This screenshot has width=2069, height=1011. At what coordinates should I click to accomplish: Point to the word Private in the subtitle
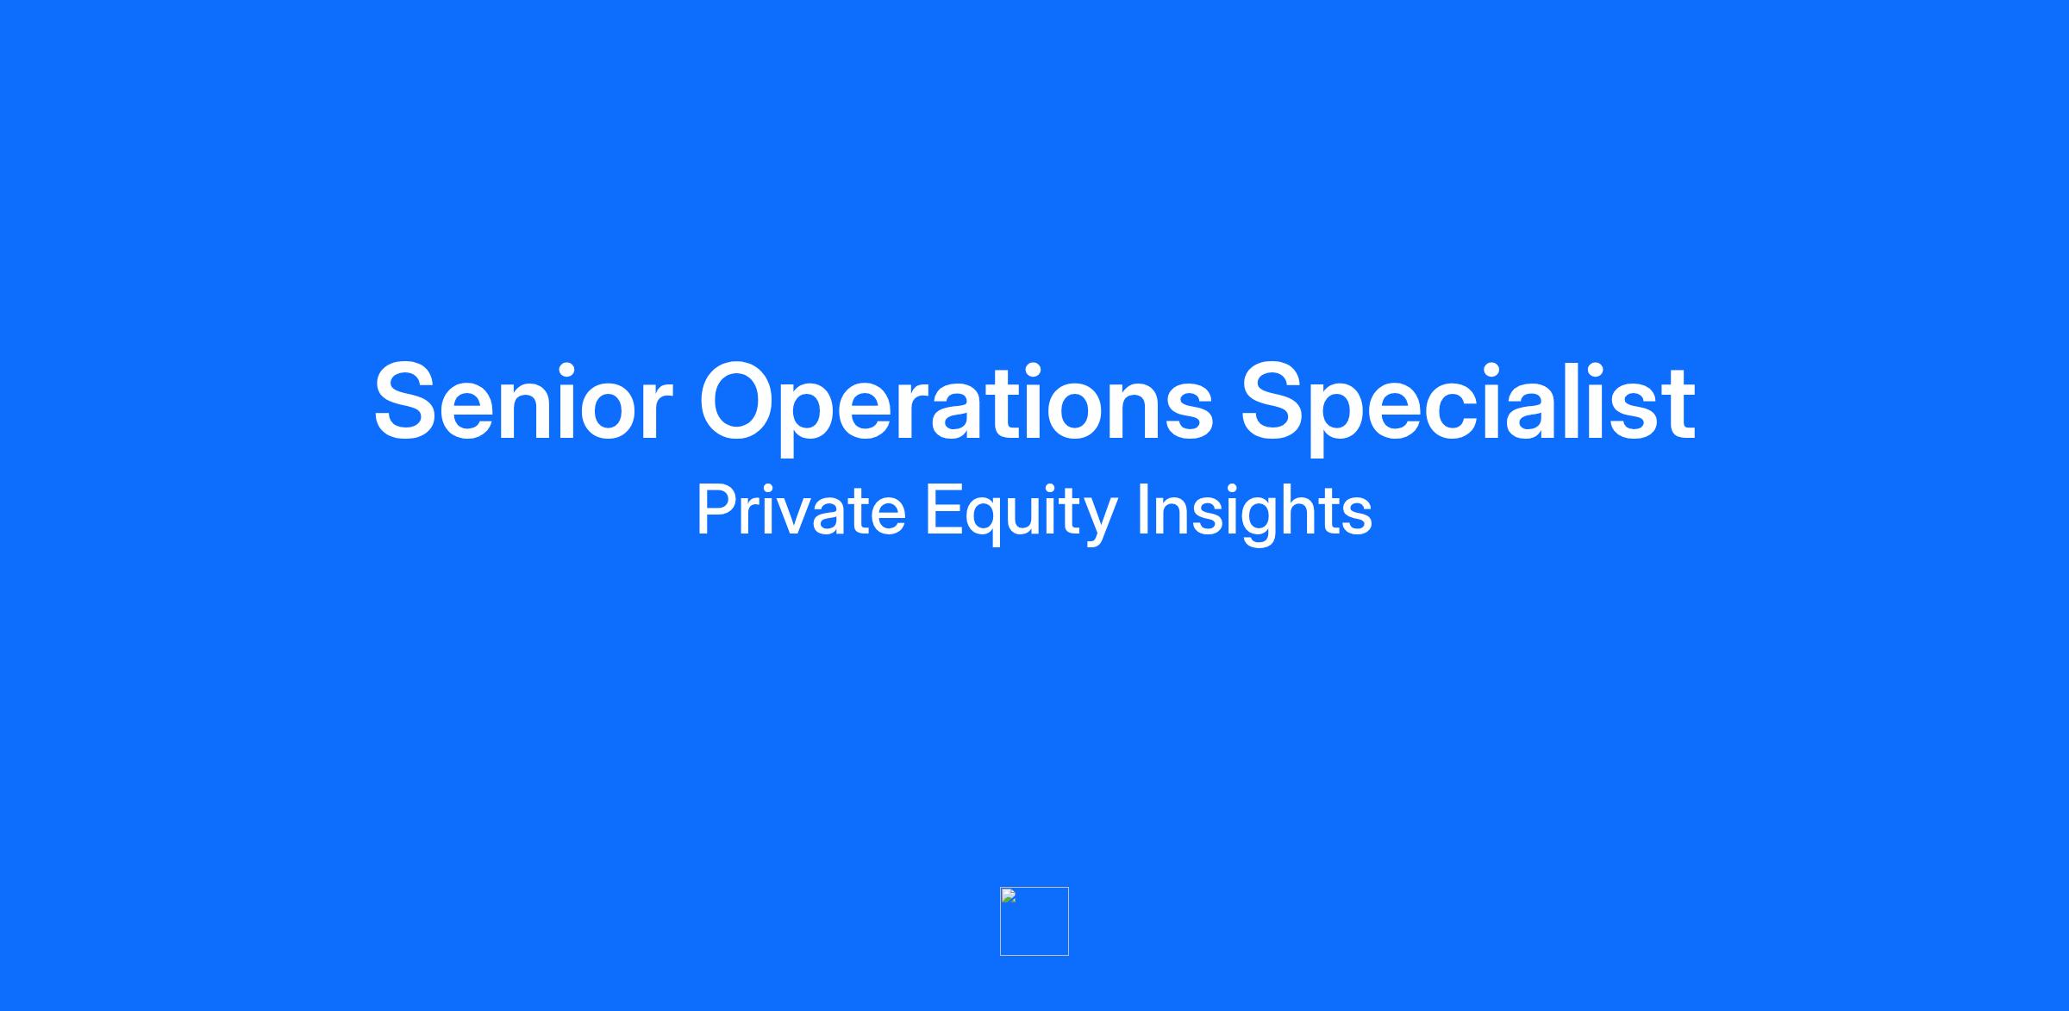(801, 510)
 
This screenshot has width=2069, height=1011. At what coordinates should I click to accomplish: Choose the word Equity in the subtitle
(1022, 514)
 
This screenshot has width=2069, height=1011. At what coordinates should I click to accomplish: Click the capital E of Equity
(943, 510)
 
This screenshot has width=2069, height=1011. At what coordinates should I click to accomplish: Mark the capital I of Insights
(1144, 510)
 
